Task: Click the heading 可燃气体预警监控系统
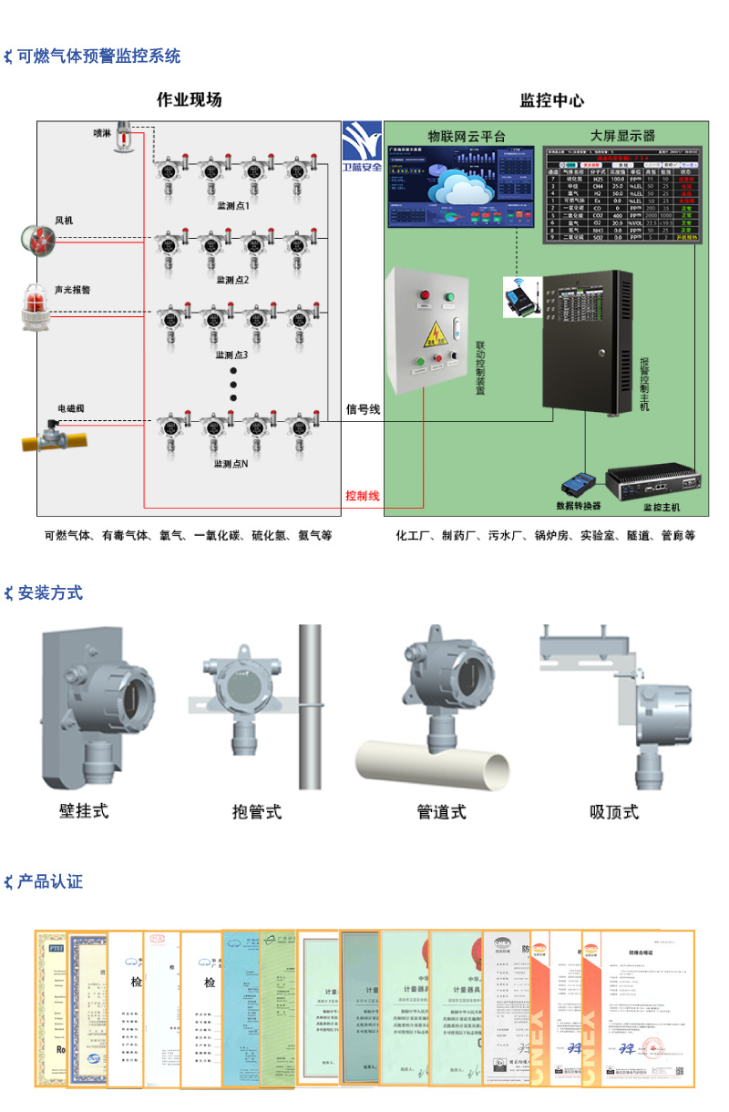[x=99, y=57]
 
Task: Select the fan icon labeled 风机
[x=39, y=239]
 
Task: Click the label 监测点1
[x=232, y=206]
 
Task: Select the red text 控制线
[x=362, y=496]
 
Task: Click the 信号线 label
[x=363, y=410]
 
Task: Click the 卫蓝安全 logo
[x=362, y=147]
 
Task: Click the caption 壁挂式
[x=84, y=810]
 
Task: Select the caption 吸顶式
[x=614, y=812]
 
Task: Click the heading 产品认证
[x=50, y=881]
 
